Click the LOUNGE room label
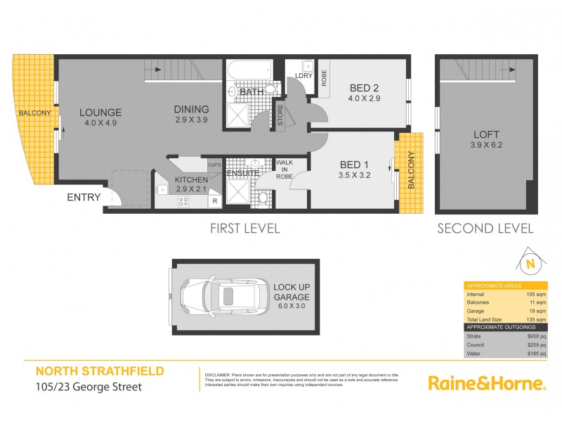click(100, 113)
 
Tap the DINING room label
click(192, 110)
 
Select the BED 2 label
click(365, 89)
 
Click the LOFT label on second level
click(482, 134)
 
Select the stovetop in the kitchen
click(183, 202)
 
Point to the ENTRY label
click(84, 198)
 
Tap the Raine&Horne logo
click(487, 383)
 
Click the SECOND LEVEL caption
click(485, 228)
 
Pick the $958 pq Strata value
click(537, 336)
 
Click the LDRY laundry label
click(303, 75)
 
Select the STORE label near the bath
click(280, 117)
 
